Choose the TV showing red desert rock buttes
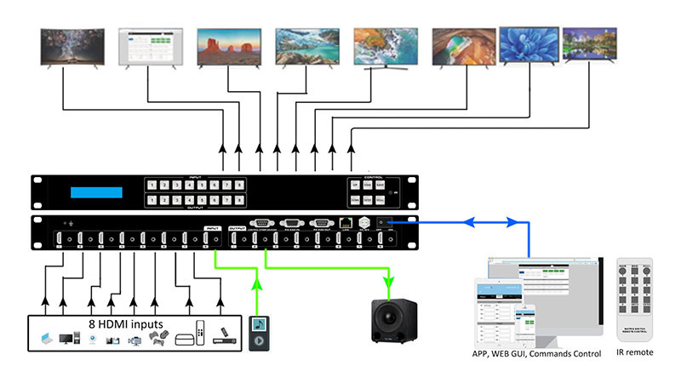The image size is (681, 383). click(x=227, y=47)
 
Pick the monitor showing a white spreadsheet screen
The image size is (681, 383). click(x=149, y=47)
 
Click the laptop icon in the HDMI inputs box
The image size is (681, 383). click(x=44, y=339)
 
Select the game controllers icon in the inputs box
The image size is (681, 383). click(x=157, y=338)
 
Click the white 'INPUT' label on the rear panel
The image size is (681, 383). click(x=213, y=227)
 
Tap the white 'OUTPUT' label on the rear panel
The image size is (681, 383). click(x=237, y=227)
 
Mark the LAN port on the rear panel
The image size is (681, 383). click(x=345, y=225)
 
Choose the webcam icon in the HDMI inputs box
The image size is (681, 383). click(x=91, y=340)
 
